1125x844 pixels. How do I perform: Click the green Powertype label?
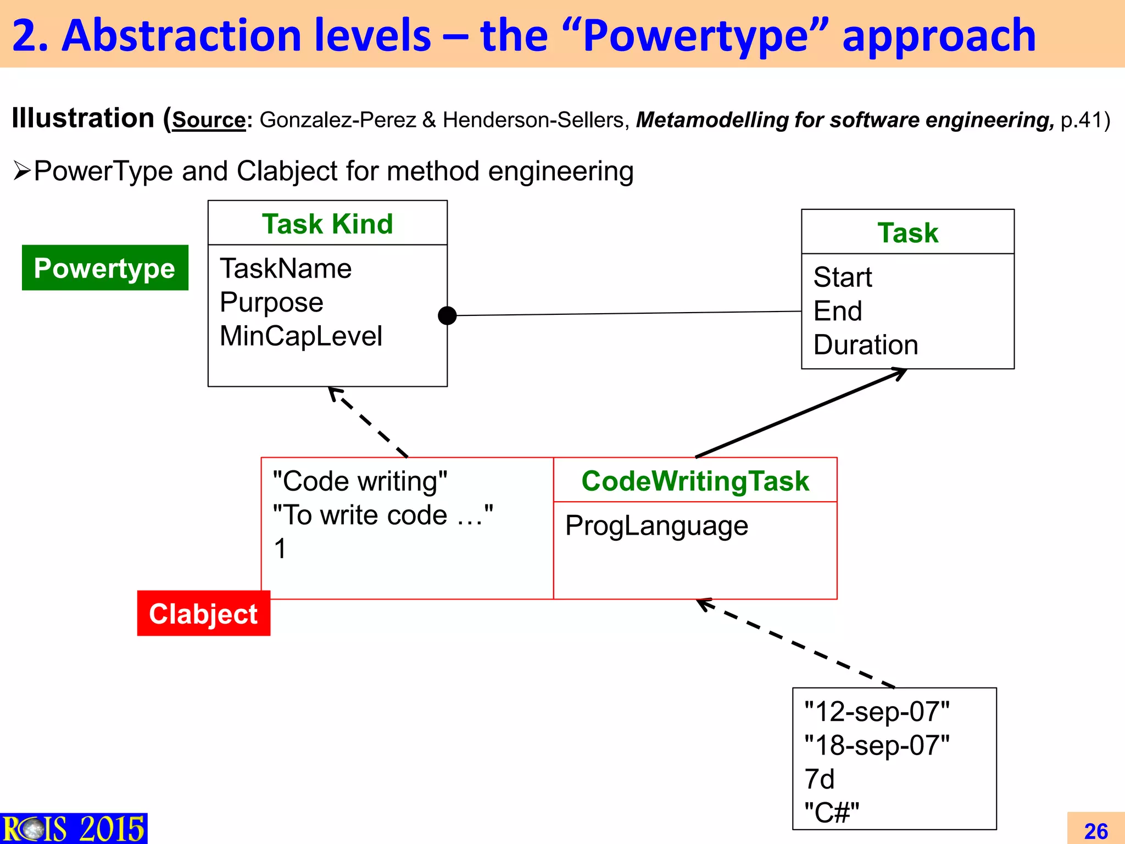coord(104,268)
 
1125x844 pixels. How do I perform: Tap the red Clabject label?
coord(203,613)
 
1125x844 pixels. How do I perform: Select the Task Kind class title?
coord(327,224)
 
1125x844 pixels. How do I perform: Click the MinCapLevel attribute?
coord(300,336)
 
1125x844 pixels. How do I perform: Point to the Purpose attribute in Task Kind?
coord(271,302)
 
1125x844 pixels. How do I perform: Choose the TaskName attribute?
coord(286,268)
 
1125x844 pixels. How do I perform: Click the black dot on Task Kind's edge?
coord(447,315)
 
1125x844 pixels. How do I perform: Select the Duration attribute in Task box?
coord(866,345)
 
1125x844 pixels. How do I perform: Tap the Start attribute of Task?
coord(842,277)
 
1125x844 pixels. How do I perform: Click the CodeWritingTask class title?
coord(695,481)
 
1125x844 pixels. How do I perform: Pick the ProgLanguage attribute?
coord(656,525)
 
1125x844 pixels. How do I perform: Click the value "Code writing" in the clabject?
coord(360,481)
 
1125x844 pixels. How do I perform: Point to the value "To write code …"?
coord(383,515)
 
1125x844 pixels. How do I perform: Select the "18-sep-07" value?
coord(877,745)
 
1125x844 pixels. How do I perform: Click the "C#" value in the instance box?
coord(831,812)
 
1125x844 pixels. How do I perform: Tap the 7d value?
coord(819,779)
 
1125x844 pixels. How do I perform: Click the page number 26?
coord(1095,831)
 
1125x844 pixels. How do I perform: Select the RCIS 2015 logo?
coord(74,829)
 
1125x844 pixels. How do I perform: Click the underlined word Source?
coord(209,120)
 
